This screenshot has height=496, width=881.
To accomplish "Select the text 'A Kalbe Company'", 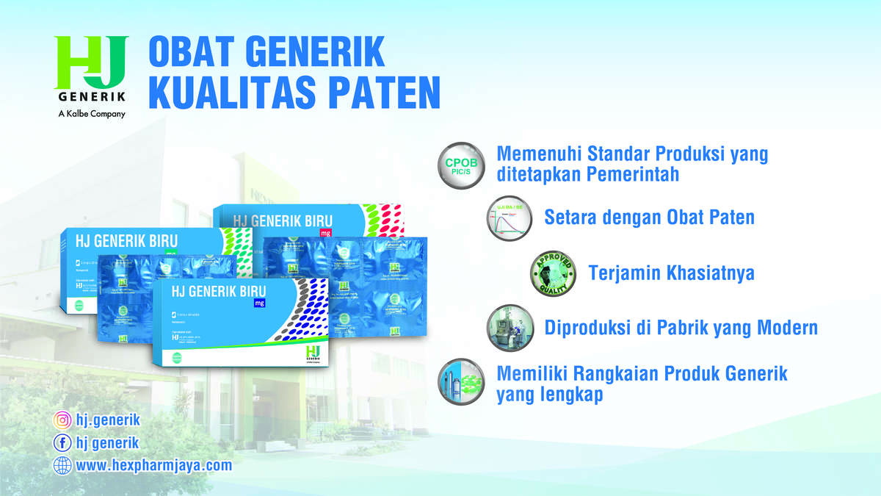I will point(92,114).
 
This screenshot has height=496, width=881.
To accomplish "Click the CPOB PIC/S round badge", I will point(461,165).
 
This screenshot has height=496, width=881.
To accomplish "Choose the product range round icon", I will point(461,383).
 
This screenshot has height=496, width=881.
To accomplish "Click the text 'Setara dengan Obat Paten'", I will point(649,218).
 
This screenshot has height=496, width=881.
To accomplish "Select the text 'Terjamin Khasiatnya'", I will point(671,273).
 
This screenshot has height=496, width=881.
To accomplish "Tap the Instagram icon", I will point(62,421).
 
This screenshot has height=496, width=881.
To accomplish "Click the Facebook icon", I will point(62,443).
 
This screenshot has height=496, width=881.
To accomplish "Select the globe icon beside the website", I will point(62,465).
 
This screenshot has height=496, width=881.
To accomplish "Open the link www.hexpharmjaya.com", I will point(153,465).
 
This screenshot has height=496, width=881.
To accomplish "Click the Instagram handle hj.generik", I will point(107,421).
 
